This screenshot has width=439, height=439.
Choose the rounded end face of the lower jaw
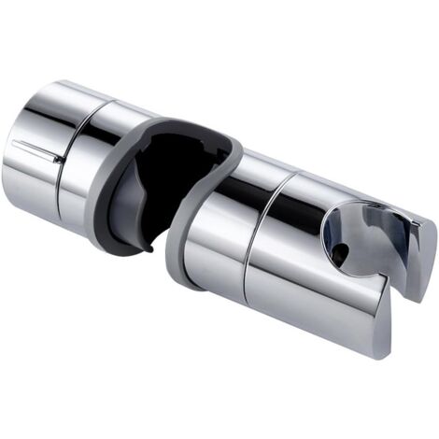click(x=388, y=336)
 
